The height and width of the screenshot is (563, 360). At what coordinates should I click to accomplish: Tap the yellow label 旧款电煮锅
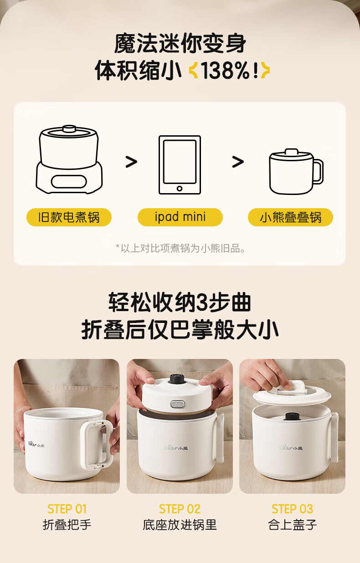point(69,217)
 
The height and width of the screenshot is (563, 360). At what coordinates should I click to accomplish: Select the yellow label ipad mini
point(180,217)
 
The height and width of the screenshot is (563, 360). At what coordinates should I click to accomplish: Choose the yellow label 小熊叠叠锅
point(290,217)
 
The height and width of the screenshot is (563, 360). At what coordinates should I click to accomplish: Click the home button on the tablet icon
point(180,188)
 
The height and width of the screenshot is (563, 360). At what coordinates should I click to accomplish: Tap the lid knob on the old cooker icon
point(69,129)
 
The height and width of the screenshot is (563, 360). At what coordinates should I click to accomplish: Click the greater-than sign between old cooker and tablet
point(131,162)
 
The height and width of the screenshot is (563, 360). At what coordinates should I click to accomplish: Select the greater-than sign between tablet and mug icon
point(238,162)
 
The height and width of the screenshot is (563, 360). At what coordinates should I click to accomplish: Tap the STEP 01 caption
point(67,509)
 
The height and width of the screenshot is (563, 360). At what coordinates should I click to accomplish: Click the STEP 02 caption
point(180,509)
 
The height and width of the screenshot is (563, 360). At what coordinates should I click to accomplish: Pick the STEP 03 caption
point(292,509)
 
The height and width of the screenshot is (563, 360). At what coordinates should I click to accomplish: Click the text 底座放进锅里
point(180,525)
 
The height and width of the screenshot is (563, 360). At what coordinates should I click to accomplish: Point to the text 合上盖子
point(292,525)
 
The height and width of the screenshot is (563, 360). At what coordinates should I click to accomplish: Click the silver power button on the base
point(177,404)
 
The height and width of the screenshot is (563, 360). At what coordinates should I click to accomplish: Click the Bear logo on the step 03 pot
point(292,448)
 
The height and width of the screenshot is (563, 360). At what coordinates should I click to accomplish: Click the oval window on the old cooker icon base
point(69,181)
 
